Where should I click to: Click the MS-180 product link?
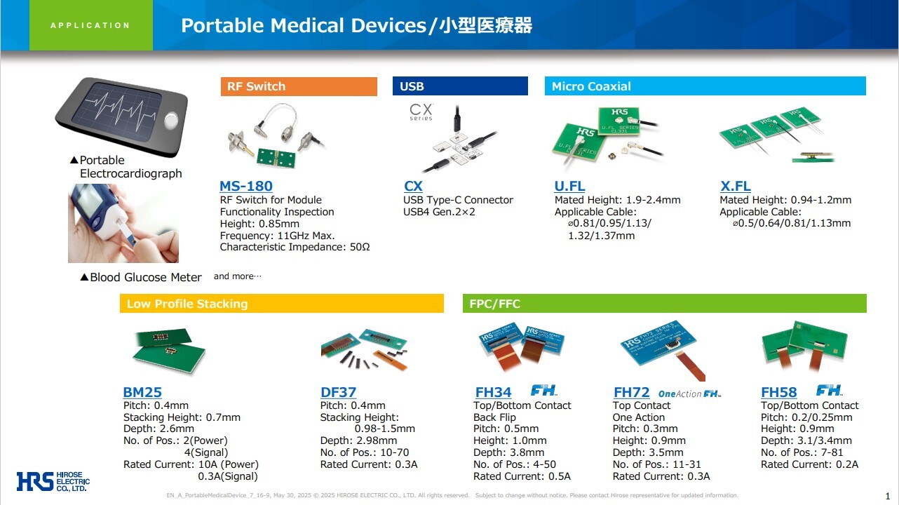(246, 186)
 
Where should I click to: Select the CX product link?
(413, 186)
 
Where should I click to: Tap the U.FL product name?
(569, 186)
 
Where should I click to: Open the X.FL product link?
(735, 186)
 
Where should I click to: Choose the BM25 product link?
(142, 392)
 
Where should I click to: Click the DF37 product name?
(338, 392)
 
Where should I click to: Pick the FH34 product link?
(493, 392)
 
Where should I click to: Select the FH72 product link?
(631, 392)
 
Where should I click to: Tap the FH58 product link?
(779, 392)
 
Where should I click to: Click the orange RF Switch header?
(299, 86)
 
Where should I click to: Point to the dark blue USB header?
(460, 86)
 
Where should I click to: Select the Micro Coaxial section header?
(705, 86)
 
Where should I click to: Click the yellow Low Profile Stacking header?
(282, 304)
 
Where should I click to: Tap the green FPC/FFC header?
(665, 304)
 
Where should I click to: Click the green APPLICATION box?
(91, 25)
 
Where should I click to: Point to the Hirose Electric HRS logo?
(53, 481)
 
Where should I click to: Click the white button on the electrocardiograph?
(171, 121)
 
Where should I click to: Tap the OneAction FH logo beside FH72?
(689, 393)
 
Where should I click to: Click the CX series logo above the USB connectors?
(421, 112)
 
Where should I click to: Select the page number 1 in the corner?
(888, 496)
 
